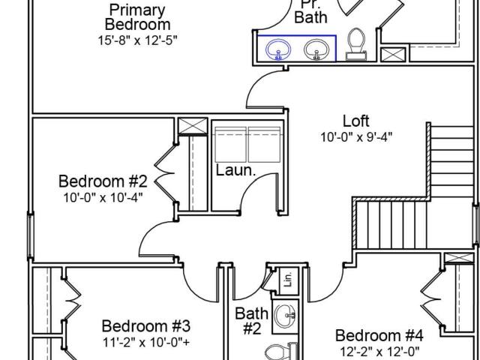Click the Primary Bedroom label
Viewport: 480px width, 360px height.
137,17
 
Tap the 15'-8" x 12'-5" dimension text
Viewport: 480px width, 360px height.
137,40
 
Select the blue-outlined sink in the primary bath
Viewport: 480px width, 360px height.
278,49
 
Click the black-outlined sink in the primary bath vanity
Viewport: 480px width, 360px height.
316,49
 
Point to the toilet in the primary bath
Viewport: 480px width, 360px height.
356,44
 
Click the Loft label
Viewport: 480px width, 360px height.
356,121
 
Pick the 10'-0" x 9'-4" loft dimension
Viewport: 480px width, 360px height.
356,136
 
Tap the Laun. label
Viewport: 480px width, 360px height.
235,170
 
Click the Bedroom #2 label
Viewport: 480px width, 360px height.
103,181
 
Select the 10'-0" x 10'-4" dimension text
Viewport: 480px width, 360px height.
103,197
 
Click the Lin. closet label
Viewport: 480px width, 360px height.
288,279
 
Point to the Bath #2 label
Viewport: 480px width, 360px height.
252,321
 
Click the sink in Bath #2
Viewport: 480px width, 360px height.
285,315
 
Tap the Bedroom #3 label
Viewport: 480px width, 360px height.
146,326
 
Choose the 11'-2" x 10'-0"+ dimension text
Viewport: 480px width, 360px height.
146,343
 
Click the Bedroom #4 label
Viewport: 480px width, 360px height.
379,335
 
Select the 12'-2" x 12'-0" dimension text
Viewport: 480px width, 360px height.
379,352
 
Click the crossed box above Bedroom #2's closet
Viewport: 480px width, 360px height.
193,126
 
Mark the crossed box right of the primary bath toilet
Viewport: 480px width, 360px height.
393,55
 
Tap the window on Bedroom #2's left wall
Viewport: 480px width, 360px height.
30,235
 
